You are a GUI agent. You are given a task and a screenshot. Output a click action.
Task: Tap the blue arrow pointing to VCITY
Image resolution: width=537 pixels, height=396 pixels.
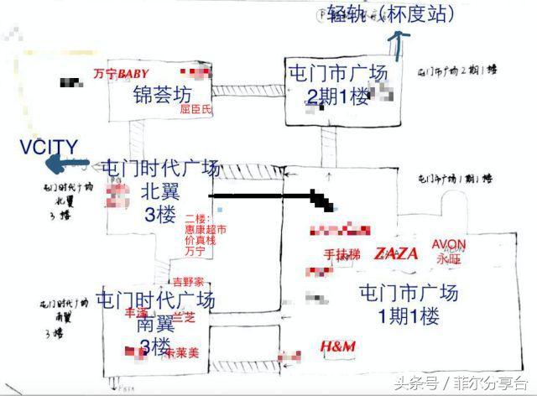[74, 164]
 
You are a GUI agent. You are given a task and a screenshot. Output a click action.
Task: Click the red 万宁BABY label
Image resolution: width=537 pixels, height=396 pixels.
[121, 75]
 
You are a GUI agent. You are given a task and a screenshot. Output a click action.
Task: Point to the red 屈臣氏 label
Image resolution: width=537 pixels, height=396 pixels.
[196, 109]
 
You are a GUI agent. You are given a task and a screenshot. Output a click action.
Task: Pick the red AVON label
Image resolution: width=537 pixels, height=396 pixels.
[449, 245]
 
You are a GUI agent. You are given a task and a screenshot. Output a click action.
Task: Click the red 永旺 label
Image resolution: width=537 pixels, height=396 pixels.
[449, 259]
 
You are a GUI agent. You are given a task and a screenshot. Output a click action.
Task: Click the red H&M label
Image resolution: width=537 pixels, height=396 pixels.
[338, 346]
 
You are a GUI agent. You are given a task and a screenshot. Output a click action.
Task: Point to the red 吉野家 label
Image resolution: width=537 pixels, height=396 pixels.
[188, 282]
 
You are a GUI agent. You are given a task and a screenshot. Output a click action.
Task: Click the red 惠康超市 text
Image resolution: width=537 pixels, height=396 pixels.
[206, 229]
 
